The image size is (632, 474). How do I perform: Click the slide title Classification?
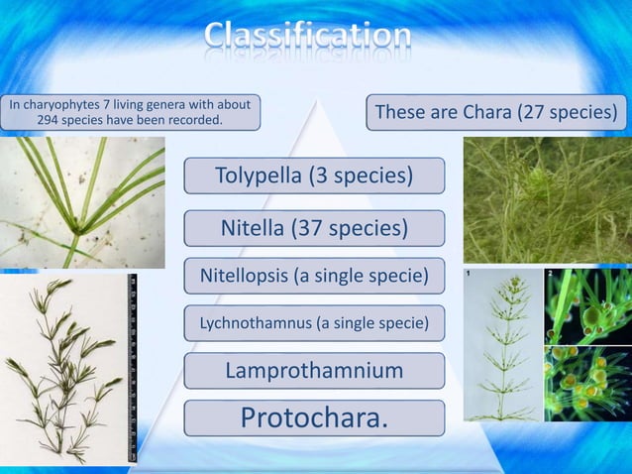308,36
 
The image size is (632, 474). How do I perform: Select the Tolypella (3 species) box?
314,177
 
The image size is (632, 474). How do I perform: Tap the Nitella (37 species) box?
314,229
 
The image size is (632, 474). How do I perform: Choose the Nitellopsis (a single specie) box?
314,276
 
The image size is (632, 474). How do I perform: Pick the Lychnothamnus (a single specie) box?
314,323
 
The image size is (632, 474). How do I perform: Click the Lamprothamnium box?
314,371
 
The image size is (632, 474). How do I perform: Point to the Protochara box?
314,418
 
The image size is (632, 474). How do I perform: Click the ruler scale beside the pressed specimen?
132,367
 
